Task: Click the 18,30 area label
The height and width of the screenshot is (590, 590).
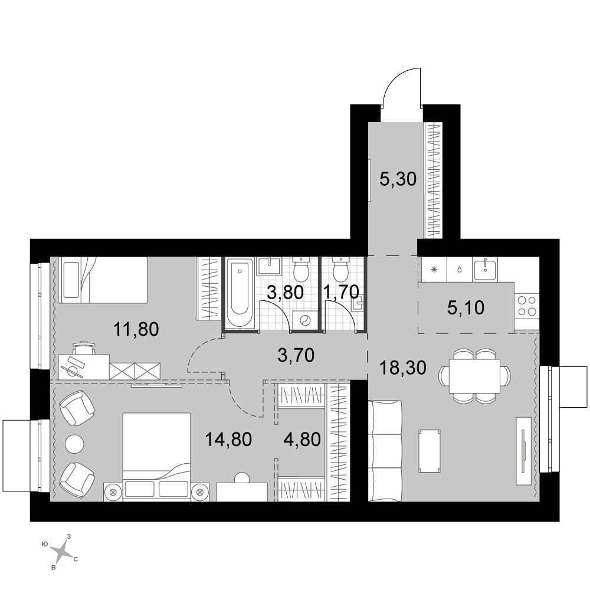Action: [402, 368]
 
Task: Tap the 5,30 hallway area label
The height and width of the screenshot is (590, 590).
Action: [398, 179]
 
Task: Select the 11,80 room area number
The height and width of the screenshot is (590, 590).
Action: [136, 329]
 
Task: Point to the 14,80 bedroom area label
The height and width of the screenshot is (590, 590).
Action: [228, 439]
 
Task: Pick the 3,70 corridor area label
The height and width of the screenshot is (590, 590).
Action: [296, 355]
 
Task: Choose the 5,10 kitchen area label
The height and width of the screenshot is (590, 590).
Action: [466, 308]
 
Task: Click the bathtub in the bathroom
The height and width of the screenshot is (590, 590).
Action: [241, 293]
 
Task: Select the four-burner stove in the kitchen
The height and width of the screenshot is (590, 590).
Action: [527, 306]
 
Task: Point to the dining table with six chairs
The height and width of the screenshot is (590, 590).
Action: [475, 376]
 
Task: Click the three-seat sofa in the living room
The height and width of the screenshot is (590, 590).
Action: [385, 451]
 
